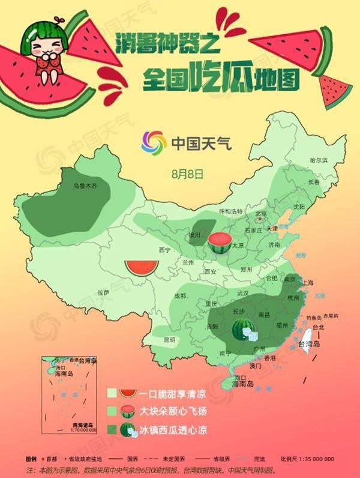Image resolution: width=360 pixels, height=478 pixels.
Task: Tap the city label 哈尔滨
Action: coord(318,160)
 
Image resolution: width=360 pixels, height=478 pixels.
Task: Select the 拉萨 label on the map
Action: coord(104,292)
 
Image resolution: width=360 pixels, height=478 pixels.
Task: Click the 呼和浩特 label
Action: coord(230,211)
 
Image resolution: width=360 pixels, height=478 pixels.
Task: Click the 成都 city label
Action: coord(179,296)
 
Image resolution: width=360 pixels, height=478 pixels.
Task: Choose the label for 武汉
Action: coord(242,293)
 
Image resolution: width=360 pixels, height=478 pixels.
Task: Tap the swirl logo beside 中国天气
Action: coord(153,142)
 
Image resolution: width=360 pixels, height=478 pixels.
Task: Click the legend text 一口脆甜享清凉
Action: coord(171,395)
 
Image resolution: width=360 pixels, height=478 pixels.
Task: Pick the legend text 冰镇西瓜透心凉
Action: coord(171,430)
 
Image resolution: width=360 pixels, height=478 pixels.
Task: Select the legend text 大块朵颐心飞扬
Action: coord(171,412)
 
